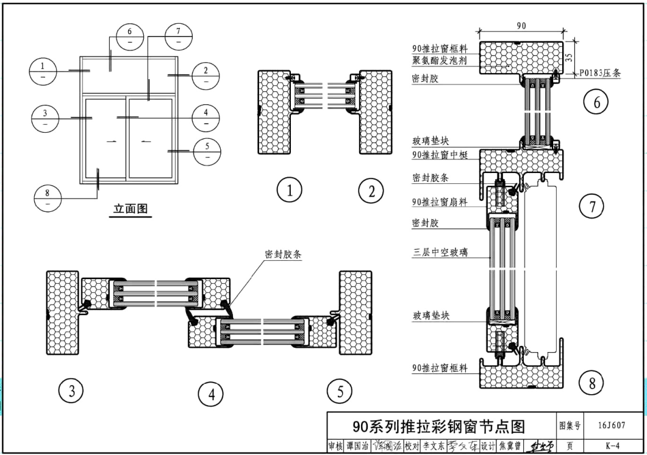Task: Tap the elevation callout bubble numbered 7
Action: point(177,37)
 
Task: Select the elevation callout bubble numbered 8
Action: point(48,199)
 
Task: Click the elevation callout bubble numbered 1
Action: point(43,71)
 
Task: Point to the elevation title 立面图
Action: point(131,209)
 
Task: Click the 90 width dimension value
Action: point(521,26)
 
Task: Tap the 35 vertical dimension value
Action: point(569,57)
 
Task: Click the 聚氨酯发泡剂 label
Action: point(442,60)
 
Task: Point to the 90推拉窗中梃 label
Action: point(440,155)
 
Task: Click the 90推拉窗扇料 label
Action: point(440,202)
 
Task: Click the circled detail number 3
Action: point(71,390)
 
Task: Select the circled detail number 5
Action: point(340,390)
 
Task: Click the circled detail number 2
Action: point(371,191)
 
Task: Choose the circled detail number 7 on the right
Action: point(592,207)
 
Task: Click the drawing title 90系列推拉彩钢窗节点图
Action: point(439,426)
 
